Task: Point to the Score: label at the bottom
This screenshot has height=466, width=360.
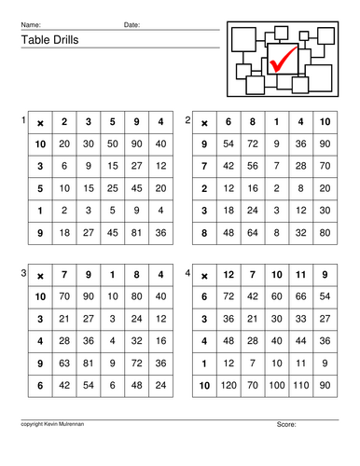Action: pyautogui.click(x=286, y=425)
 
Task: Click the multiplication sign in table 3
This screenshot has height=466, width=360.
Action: pyautogui.click(x=40, y=276)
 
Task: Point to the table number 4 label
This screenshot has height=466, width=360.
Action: pyautogui.click(x=187, y=272)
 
